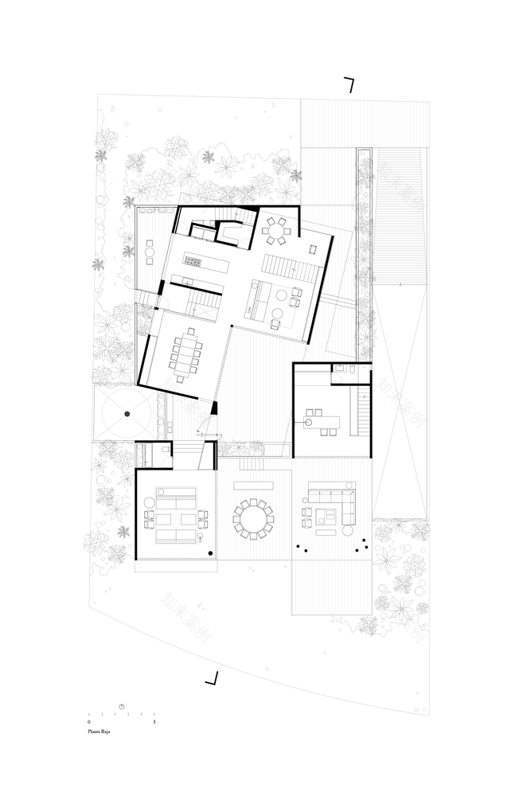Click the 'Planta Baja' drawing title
point(99,728)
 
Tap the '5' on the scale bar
point(154,721)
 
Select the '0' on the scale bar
point(89,721)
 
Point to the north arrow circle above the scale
point(122,706)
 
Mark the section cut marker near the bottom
point(212,678)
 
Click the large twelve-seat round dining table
point(253,519)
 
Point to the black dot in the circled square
point(126,414)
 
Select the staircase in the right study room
point(363,412)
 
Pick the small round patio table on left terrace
point(150,255)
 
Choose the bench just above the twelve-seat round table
point(253,484)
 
